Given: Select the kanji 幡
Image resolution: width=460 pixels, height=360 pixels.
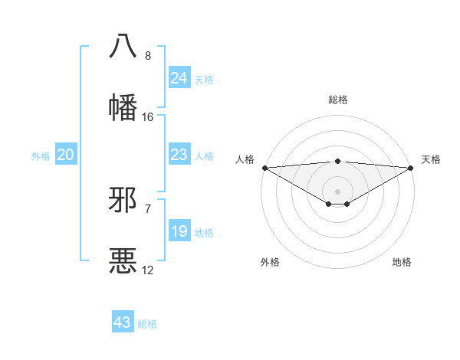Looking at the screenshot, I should click(123, 106).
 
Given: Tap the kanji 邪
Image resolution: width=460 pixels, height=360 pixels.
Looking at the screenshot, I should click(123, 201).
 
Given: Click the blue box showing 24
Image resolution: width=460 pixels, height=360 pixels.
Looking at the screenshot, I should click(179, 78).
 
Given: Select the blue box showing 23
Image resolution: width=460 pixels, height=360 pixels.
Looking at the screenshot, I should click(179, 155).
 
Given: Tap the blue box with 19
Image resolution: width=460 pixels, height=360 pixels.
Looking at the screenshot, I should click(179, 231).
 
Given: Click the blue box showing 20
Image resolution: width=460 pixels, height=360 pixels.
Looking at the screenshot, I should click(65, 155).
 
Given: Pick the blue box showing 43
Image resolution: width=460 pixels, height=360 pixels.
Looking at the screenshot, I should click(122, 322).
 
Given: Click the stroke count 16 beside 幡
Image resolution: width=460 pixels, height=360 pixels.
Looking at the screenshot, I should click(148, 116).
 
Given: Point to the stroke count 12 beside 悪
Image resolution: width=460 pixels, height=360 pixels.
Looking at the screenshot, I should click(148, 270).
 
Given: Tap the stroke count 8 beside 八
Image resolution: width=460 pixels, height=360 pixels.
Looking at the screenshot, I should click(148, 56).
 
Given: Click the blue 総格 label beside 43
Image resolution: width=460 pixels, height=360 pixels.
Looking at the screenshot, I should click(147, 324).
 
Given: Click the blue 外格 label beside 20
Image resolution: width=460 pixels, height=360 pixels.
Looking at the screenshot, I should click(41, 156).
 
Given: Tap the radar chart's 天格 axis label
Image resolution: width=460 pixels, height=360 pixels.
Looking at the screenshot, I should click(431, 159).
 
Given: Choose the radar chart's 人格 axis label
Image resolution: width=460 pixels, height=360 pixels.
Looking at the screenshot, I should click(244, 159).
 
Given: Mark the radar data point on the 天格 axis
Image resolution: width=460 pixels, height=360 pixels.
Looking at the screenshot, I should click(411, 168).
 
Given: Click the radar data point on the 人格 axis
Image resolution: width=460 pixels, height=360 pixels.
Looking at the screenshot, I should click(264, 168).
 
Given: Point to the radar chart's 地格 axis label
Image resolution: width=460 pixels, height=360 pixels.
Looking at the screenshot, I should click(402, 262).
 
